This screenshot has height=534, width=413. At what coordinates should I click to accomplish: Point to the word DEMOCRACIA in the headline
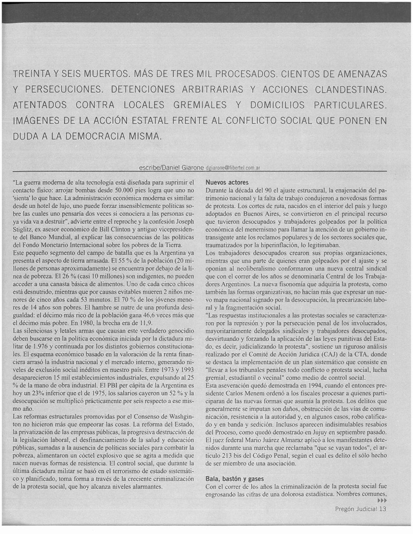[96, 138]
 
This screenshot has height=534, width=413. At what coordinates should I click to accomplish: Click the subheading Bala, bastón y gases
[234, 478]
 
